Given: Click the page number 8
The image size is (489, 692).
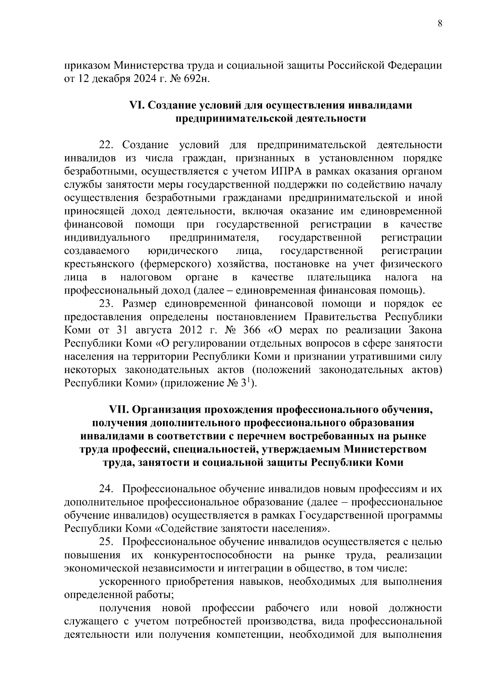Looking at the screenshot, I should tap(440, 23).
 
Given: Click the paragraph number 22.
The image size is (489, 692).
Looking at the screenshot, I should tap(108, 145).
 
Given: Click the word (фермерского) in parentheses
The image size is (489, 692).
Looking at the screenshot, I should tap(176, 264).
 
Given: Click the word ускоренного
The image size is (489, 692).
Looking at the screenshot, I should tap(133, 581).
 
